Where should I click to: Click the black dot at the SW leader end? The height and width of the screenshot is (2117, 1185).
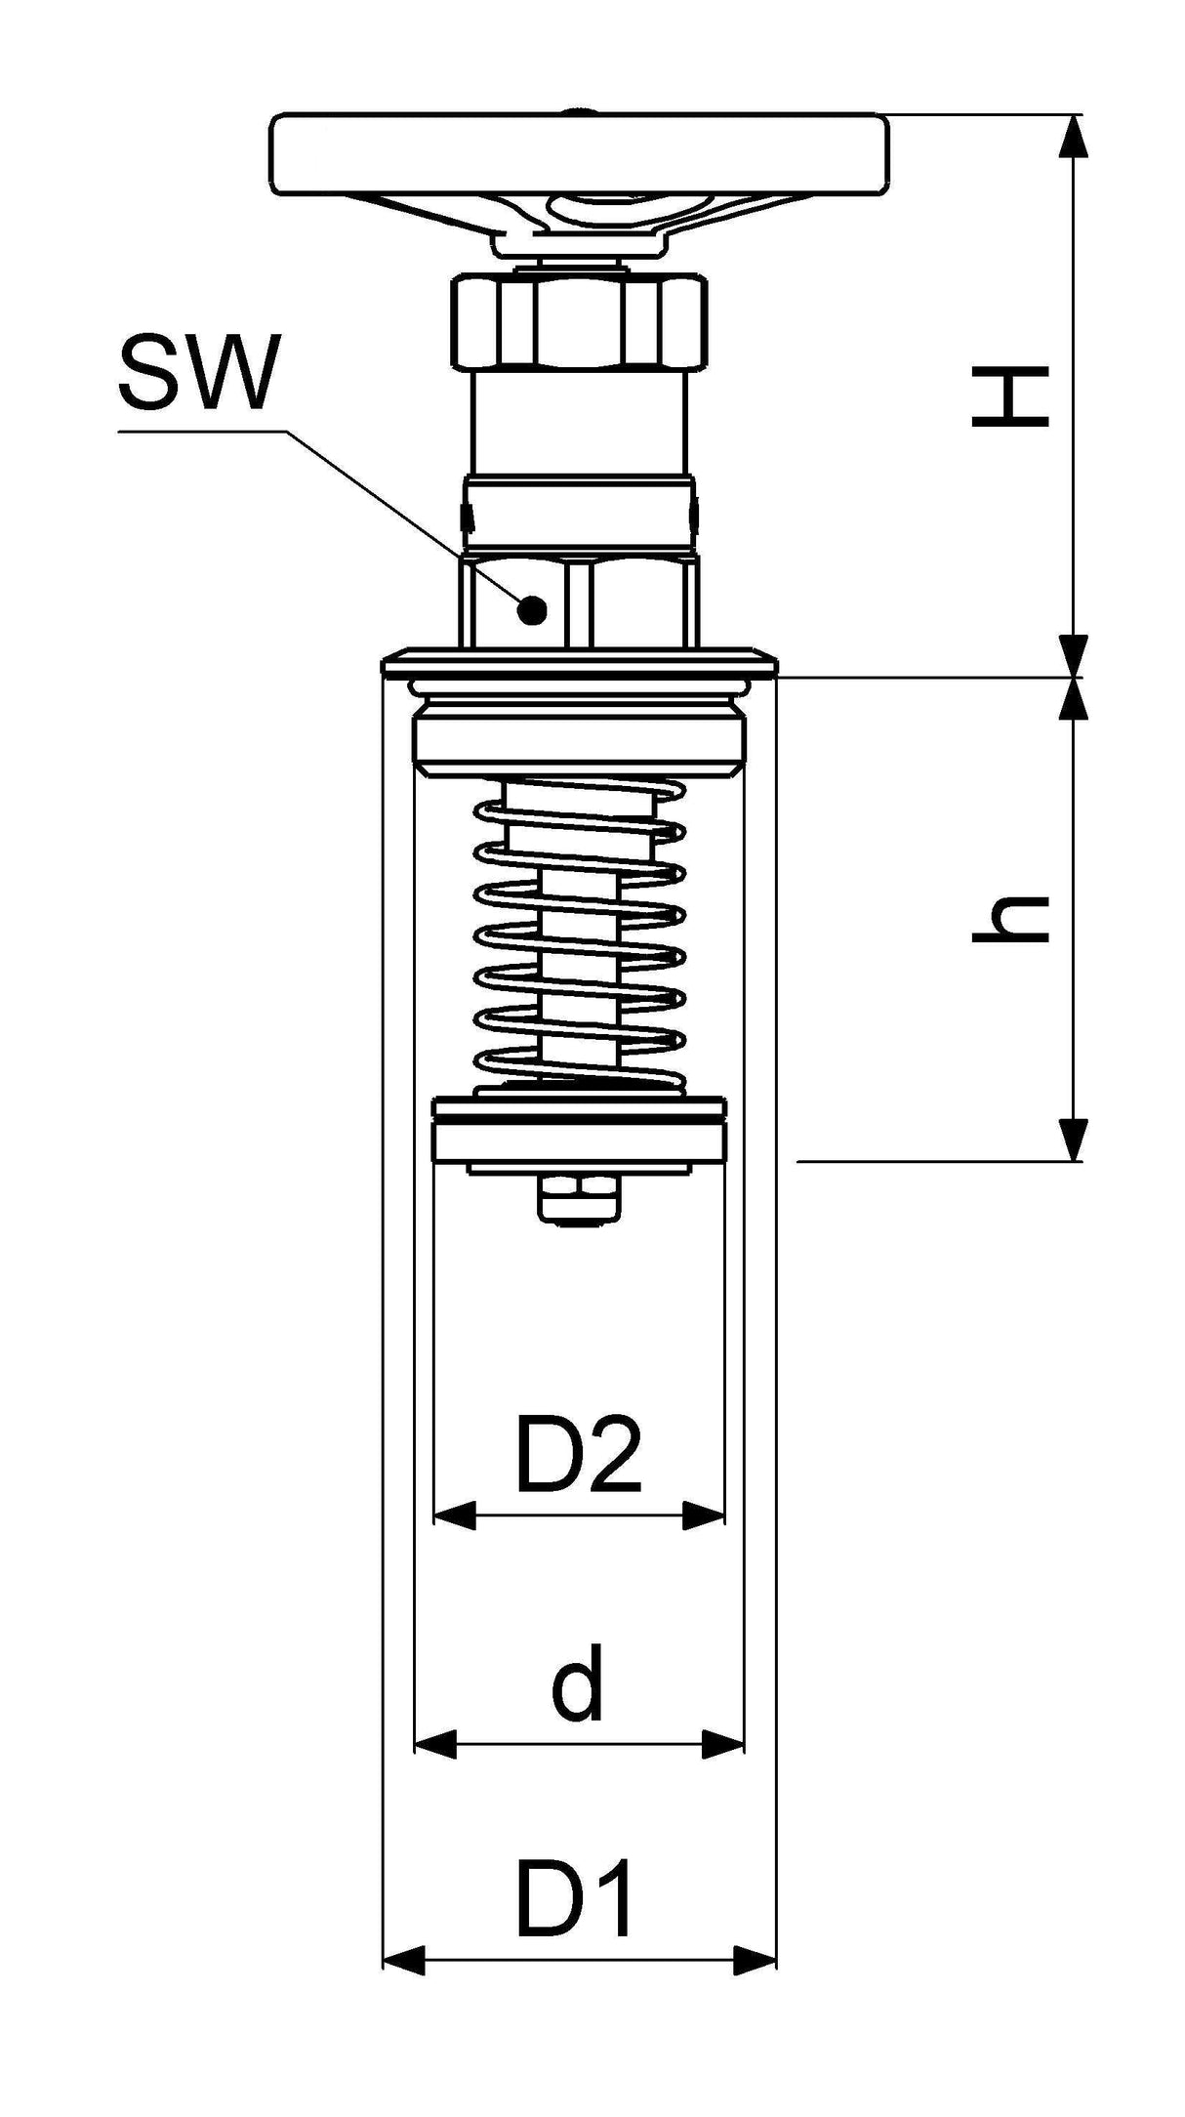click(x=532, y=611)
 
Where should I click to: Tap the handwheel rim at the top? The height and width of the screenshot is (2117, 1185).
click(x=582, y=153)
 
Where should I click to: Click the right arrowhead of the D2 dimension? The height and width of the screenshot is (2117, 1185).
click(x=704, y=1515)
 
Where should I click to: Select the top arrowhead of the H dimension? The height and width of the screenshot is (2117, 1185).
click(x=1073, y=136)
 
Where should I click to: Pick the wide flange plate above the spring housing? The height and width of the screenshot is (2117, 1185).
click(x=580, y=665)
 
